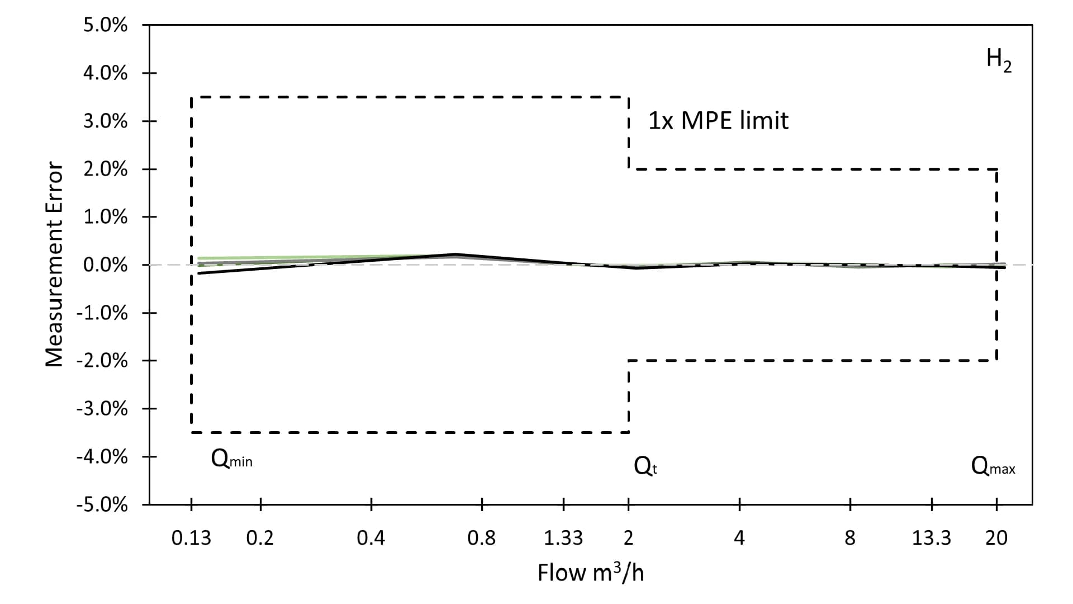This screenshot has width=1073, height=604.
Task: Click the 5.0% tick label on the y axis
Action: click(x=105, y=26)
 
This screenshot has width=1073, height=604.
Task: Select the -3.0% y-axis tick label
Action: click(x=102, y=409)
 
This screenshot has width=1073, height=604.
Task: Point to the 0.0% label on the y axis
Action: click(x=105, y=265)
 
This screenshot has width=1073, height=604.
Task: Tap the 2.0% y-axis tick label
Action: click(x=105, y=169)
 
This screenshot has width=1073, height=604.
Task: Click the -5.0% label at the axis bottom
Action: click(x=102, y=505)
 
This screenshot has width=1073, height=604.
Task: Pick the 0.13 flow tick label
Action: click(x=191, y=538)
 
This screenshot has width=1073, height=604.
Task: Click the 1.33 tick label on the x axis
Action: click(x=563, y=538)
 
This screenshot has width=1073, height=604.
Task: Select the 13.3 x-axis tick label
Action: click(x=931, y=538)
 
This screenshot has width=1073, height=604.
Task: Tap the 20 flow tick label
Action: click(x=996, y=538)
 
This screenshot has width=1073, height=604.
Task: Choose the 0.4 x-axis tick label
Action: click(x=371, y=538)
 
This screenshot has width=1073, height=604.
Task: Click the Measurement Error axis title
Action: click(x=54, y=265)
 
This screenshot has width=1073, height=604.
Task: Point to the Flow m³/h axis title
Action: click(x=591, y=573)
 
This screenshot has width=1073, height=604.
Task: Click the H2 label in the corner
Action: click(x=999, y=60)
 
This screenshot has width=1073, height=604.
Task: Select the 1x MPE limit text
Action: click(x=718, y=121)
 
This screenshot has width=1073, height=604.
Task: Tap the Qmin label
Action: click(x=231, y=460)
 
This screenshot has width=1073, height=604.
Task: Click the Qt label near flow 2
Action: click(x=645, y=466)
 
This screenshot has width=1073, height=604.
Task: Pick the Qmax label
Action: click(x=993, y=466)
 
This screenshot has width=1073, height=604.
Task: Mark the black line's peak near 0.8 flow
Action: click(x=455, y=254)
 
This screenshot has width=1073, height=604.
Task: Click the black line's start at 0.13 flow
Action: click(x=199, y=273)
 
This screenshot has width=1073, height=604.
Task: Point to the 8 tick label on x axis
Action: click(x=849, y=538)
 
